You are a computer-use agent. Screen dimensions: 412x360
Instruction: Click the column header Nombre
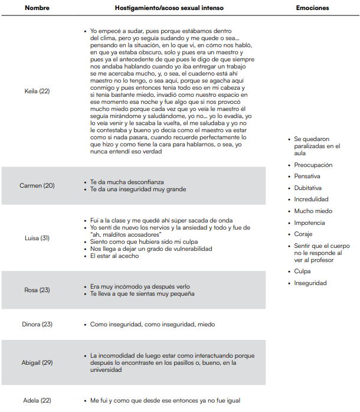tap(38, 8)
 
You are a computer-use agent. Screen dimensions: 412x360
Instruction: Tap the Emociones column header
tap(312, 8)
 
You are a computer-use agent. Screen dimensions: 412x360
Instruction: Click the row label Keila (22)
tap(37, 91)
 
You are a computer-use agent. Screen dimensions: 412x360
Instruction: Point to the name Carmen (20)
tap(37, 185)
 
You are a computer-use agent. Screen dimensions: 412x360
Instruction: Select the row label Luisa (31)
tap(37, 238)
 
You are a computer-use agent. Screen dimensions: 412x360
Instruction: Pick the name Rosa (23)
tap(37, 290)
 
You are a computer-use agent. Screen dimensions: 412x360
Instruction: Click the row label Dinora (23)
tap(37, 324)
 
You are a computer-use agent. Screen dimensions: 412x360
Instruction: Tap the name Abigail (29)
tap(37, 362)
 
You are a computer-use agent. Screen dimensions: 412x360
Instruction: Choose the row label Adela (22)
tap(37, 401)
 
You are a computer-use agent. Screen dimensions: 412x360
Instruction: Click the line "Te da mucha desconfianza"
tap(127, 182)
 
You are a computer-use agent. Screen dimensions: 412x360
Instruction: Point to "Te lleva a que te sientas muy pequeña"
tap(142, 293)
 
